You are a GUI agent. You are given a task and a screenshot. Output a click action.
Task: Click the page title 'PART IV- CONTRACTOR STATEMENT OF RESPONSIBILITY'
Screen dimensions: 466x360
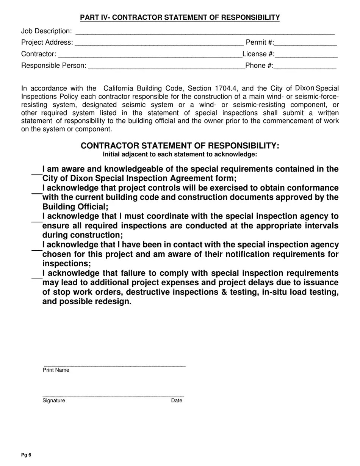[x=180, y=17]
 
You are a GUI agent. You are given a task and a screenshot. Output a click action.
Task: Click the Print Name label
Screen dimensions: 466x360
[x=56, y=370]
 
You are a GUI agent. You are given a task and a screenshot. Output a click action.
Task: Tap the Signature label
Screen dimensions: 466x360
[x=54, y=400]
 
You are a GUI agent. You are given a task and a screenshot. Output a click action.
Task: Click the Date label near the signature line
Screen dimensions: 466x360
[x=177, y=400]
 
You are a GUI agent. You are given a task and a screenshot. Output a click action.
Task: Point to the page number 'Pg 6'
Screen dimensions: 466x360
[x=26, y=455]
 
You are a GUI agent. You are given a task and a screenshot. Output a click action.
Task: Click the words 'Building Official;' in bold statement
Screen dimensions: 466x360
[x=75, y=207]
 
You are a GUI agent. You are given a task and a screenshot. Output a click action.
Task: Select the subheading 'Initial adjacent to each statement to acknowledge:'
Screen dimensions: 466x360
[x=180, y=154]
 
